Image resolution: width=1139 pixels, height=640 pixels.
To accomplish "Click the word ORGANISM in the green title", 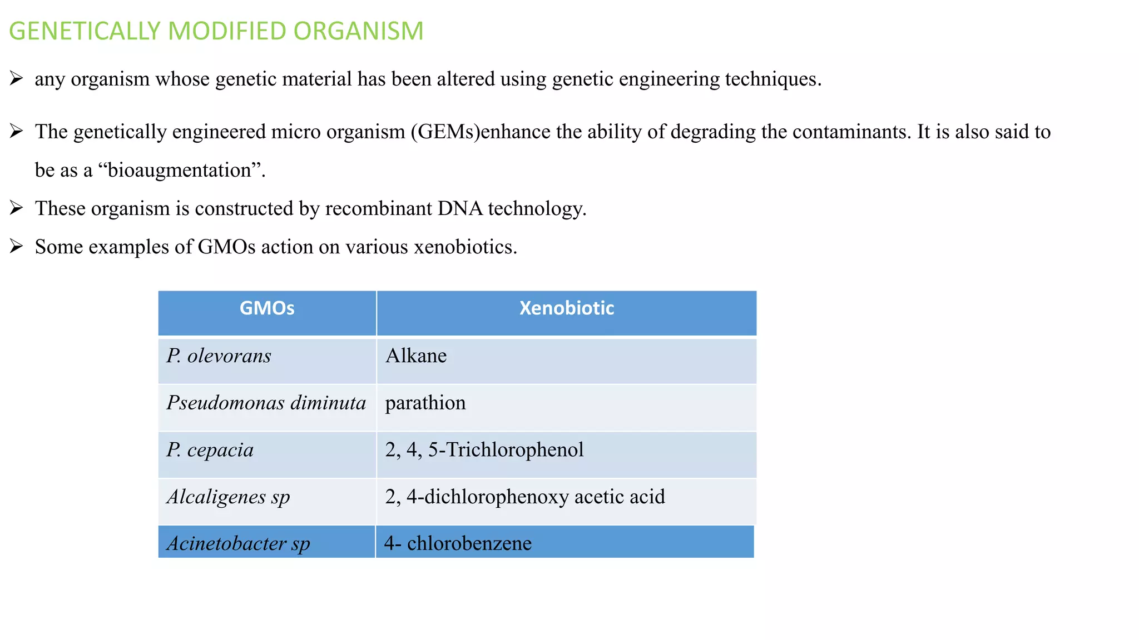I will click(358, 31).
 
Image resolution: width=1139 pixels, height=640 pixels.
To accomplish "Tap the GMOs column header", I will click(267, 308).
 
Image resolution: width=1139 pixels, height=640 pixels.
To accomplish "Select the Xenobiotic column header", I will click(566, 308).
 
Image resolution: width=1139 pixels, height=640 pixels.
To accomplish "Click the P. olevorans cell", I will click(219, 356).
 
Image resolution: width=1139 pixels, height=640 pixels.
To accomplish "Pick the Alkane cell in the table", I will click(416, 356).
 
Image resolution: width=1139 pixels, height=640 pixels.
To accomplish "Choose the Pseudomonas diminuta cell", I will click(266, 403).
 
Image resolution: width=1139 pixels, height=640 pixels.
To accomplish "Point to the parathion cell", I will click(425, 403).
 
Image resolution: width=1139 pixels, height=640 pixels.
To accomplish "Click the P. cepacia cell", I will click(210, 449).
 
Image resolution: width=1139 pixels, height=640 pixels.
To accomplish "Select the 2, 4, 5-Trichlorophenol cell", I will click(484, 449).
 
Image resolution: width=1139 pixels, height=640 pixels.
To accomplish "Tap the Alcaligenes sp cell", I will click(228, 497).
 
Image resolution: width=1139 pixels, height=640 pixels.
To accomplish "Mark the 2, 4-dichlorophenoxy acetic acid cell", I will click(525, 497).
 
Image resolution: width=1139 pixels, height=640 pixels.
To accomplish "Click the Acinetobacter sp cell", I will click(238, 543).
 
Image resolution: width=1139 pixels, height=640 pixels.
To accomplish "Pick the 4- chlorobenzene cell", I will click(458, 543).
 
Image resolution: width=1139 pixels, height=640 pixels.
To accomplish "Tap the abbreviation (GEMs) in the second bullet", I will click(445, 132).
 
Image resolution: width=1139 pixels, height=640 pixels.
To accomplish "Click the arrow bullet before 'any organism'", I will click(16, 79).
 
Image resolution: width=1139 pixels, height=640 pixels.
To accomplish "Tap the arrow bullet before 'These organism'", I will click(16, 208).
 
